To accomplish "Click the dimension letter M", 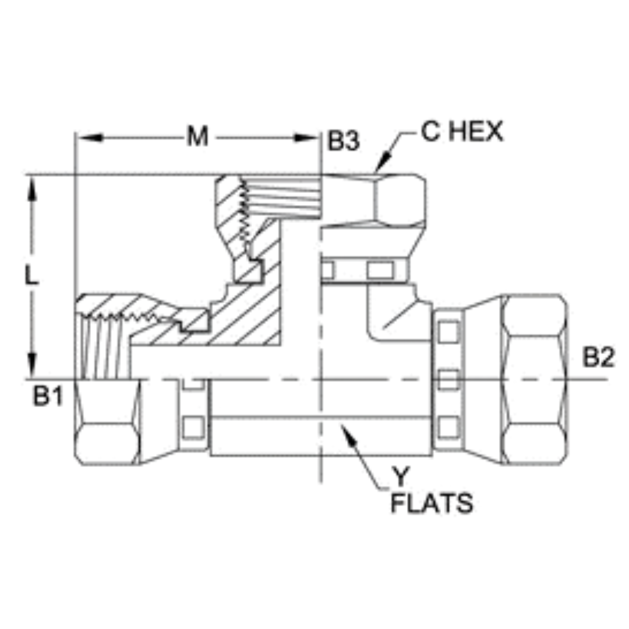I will (197, 138).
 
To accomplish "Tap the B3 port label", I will (343, 142).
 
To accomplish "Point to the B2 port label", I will (599, 359).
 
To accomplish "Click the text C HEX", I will (462, 132).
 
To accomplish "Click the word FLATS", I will (432, 504).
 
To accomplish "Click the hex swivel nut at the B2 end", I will (533, 379).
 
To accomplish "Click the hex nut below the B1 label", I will (108, 422).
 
